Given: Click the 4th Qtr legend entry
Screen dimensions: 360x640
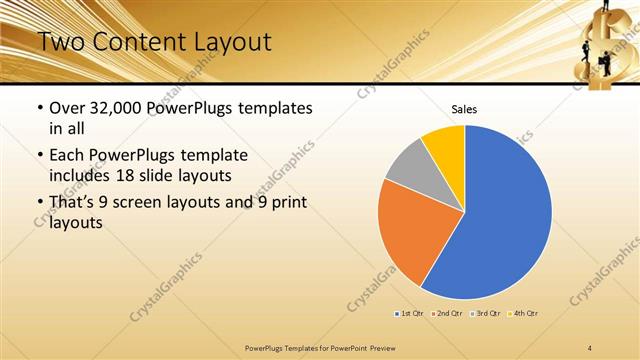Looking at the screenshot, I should click(x=525, y=314).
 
